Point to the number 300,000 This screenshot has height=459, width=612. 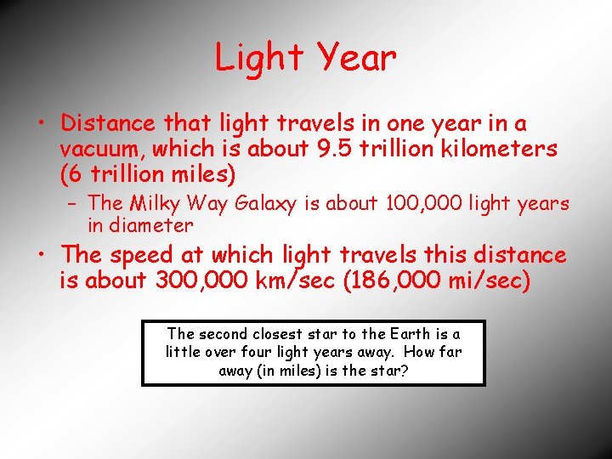(x=202, y=281)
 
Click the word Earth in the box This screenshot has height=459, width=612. (x=400, y=333)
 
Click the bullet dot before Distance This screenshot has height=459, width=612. (x=41, y=124)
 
